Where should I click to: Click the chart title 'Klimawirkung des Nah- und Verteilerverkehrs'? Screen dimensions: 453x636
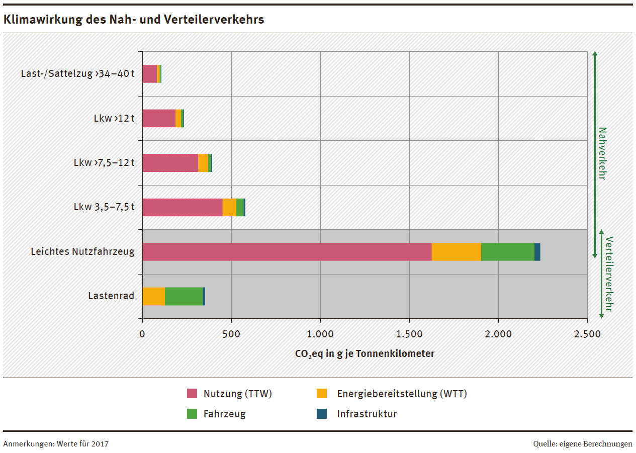134,20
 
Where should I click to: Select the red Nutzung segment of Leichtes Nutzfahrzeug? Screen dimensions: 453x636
287,252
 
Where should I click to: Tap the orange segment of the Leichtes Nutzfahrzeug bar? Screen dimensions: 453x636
456,252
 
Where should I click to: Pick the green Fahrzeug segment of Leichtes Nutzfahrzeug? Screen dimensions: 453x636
507,252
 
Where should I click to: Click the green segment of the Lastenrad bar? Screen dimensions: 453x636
184,296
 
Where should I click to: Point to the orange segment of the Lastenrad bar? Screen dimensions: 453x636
153,296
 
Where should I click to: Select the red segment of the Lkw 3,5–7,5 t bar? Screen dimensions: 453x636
182,207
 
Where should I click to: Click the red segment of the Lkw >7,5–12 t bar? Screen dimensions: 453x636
170,163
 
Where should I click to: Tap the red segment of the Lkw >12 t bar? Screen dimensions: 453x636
158,118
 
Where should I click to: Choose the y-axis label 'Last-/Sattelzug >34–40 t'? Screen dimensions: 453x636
77,74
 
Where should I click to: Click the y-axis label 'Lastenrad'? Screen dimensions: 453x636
111,296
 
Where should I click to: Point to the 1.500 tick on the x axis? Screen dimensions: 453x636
409,334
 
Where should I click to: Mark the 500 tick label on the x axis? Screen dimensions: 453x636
231,334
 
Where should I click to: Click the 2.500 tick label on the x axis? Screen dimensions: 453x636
587,334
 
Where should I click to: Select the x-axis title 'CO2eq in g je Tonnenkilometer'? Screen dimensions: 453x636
365,353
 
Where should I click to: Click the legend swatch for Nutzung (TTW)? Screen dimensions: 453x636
193,394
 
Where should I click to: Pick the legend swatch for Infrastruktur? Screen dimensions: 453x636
321,414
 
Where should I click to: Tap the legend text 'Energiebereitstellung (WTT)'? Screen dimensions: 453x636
402,394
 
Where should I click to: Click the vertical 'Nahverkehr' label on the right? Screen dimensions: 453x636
602,153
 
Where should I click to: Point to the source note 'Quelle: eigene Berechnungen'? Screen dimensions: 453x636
583,444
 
